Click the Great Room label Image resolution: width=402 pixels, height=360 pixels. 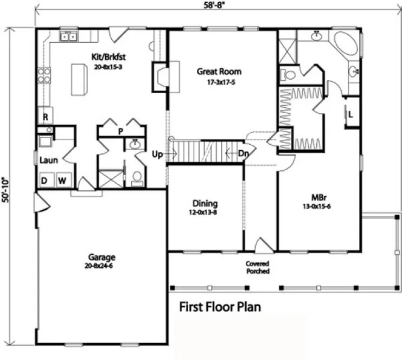pos(219,71)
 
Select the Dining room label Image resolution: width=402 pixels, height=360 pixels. pos(204,204)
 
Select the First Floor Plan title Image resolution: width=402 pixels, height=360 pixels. pos(220,307)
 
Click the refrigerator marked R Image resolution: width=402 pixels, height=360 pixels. pos(45,117)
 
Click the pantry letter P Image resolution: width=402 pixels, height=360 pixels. pos(120,131)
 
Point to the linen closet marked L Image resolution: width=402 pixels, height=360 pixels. pos(351,114)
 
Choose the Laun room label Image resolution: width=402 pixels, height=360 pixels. pos(45,160)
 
